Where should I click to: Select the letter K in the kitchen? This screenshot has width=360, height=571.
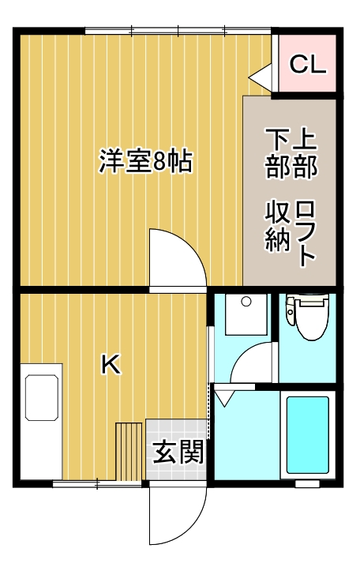click(x=111, y=364)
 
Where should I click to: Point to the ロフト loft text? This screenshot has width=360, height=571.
click(x=306, y=233)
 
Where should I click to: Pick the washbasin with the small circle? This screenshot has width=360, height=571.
click(x=244, y=314)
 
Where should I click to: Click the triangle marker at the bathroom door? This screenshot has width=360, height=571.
click(x=226, y=397)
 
